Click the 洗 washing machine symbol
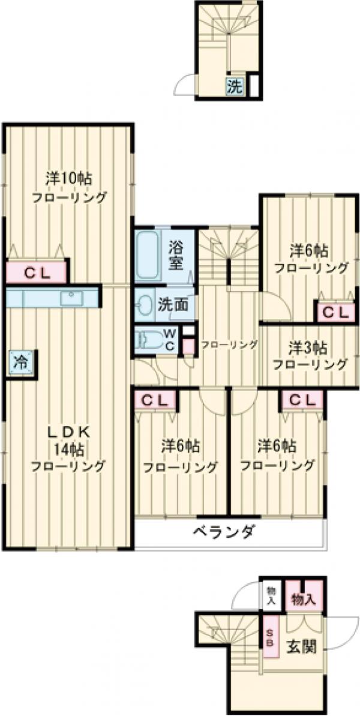235,86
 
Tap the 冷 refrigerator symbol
21,363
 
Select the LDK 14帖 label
68,448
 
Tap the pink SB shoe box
270,635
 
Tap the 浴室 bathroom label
176,255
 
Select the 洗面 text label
173,305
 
